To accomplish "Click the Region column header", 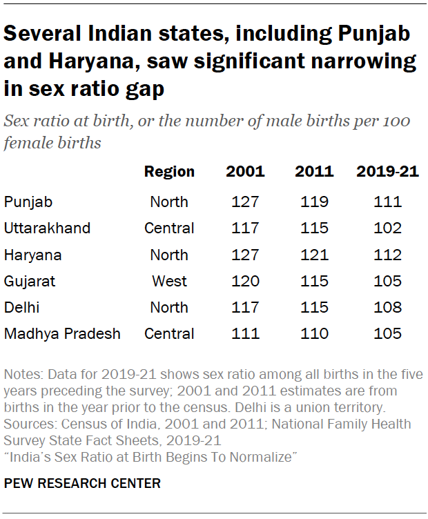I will pos(169,172).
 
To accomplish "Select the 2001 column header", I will pos(245,172).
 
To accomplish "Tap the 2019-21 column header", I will pos(387,172).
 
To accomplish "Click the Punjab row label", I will pos(28,202).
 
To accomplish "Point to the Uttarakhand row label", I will pos(48,228).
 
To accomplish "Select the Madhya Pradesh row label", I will pos(62,334).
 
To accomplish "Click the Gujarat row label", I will pos(30,281).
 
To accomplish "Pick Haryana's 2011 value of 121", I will pos(315,255).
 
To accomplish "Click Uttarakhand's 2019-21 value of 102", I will pos(387,228).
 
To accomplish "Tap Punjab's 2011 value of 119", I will pos(315,202).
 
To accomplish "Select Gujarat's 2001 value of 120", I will pos(245,281).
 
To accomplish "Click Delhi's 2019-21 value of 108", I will pos(387,308).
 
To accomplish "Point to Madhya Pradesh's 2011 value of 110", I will pos(315,334).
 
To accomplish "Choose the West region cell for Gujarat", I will pos(169,281).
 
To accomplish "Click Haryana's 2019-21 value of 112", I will pos(387,255).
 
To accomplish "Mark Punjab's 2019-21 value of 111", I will pos(387,202).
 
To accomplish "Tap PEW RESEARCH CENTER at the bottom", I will pos(82,484).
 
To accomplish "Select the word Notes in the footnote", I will pos(22,375).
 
